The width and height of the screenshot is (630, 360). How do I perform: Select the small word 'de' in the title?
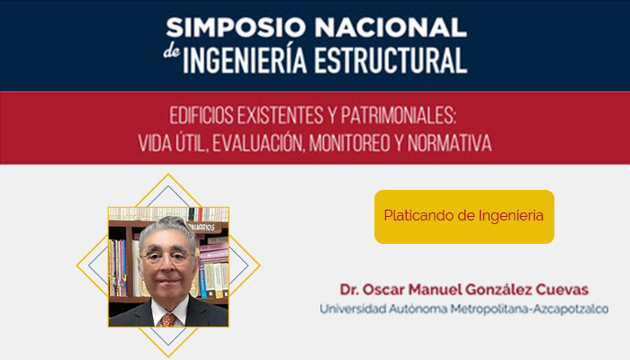coord(173,55)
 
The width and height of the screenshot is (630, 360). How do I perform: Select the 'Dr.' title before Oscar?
coord(349,290)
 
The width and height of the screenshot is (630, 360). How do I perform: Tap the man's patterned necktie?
coord(167,318)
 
